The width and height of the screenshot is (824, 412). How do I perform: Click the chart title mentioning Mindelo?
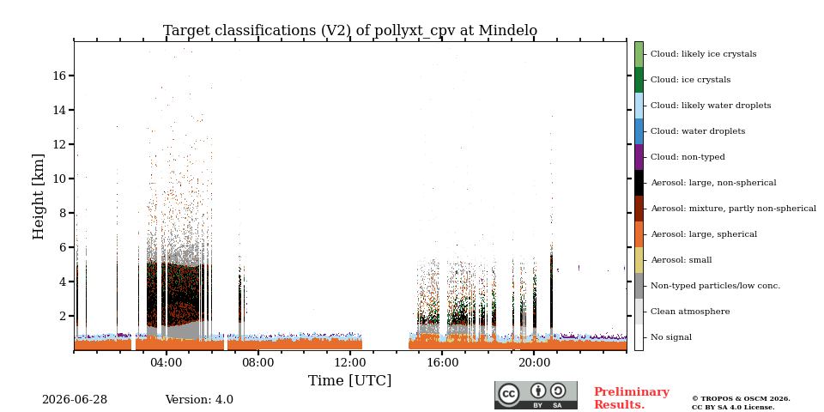[x=350, y=31]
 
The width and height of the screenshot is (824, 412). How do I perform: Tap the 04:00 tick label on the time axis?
[x=166, y=362]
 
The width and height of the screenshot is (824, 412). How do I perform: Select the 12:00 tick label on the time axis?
[x=350, y=362]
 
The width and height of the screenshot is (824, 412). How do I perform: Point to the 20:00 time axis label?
[x=534, y=362]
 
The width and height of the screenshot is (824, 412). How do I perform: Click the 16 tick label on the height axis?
[x=60, y=76]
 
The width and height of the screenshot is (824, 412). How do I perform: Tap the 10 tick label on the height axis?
[x=60, y=179]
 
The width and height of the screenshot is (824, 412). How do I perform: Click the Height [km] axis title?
[x=39, y=197]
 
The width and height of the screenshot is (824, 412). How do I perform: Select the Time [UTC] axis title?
[x=350, y=380]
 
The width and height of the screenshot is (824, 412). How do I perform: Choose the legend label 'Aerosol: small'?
[x=682, y=260]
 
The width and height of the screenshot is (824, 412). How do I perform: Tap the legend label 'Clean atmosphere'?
[x=690, y=312]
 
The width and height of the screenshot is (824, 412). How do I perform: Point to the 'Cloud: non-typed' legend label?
[x=688, y=157]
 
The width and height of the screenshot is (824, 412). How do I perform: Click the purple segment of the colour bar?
[x=639, y=157]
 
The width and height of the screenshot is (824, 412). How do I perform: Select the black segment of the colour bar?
[x=639, y=183]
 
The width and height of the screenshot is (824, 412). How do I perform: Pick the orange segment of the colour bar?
[x=639, y=234]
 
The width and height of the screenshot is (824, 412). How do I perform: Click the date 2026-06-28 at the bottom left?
[x=75, y=400]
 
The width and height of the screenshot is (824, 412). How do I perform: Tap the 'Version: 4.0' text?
[x=199, y=400]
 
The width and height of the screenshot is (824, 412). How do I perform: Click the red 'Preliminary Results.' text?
[x=632, y=398]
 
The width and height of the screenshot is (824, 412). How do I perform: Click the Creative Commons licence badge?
[x=536, y=395]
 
